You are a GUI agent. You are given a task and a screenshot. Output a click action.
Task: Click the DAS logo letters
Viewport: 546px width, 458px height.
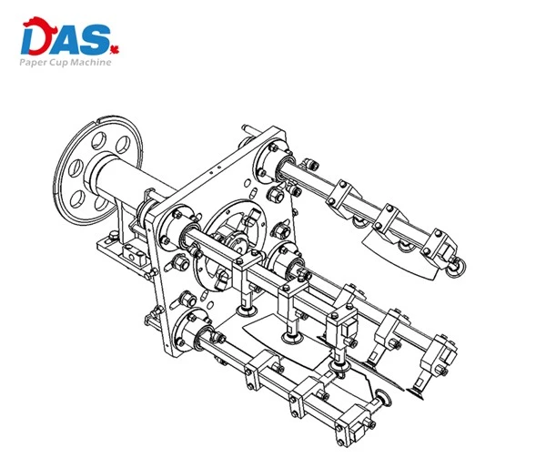click(x=66, y=36)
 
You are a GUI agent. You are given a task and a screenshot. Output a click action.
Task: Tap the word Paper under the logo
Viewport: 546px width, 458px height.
click(x=31, y=63)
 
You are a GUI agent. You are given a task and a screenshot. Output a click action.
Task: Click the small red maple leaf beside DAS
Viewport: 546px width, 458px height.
click(x=115, y=50)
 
